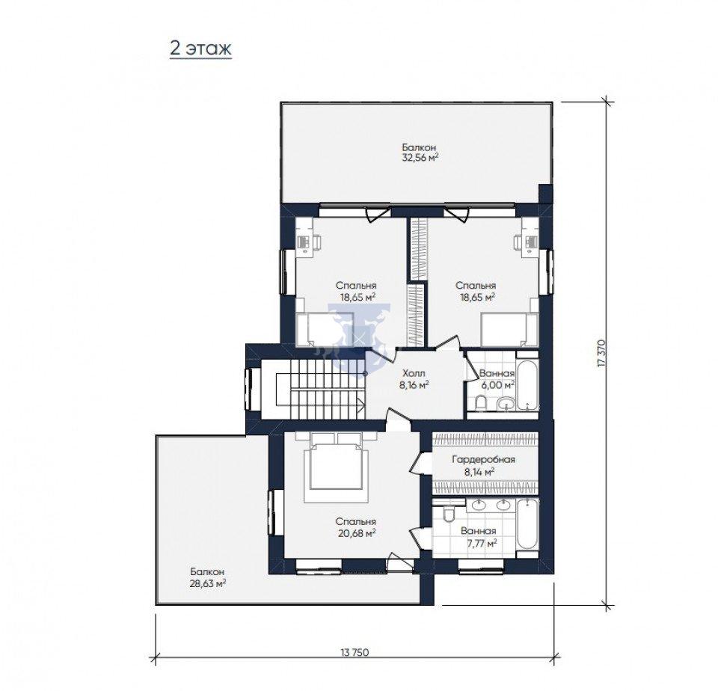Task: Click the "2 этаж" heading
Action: coord(200,48)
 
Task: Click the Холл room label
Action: coord(414,373)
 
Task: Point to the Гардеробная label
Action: coord(483,459)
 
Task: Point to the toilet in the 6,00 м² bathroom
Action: coord(480,403)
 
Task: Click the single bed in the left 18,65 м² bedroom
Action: coord(325,330)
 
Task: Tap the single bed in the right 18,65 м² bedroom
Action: coord(509,330)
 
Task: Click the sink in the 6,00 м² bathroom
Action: coord(506,403)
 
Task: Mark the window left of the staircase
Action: coord(250,389)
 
